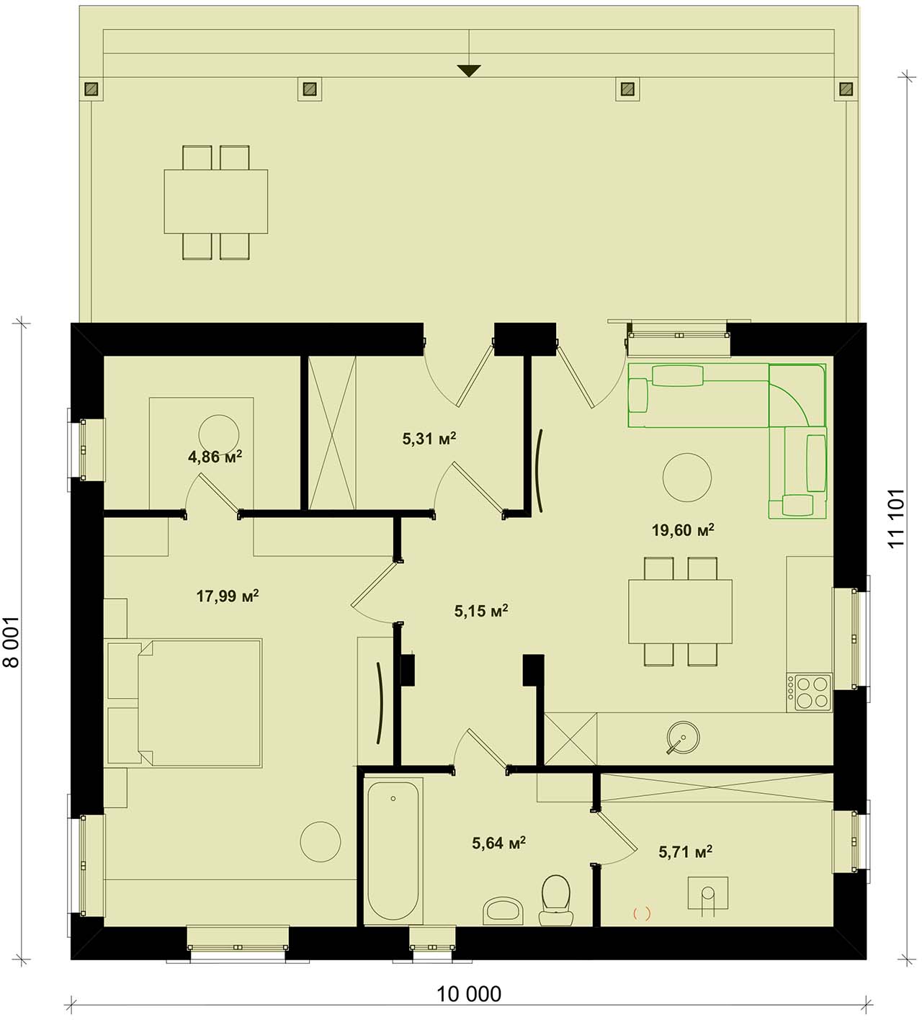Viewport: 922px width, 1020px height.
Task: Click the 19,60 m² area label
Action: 682,530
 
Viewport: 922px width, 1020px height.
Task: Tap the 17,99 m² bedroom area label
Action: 228,596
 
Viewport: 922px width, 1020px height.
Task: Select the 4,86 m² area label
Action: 215,457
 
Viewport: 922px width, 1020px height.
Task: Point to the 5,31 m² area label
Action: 429,438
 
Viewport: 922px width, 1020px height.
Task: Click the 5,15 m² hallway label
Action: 481,611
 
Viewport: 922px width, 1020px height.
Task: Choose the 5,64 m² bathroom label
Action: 498,843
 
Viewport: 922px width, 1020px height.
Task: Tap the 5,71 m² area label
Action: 685,851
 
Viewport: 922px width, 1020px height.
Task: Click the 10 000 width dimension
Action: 469,993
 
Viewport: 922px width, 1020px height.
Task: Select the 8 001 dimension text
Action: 11,642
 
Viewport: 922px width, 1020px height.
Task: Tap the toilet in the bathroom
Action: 556,900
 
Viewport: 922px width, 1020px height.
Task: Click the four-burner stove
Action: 809,692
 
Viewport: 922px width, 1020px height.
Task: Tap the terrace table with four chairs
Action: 215,202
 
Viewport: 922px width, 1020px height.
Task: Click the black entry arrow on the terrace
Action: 469,71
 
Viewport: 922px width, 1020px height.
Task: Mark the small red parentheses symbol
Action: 642,913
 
